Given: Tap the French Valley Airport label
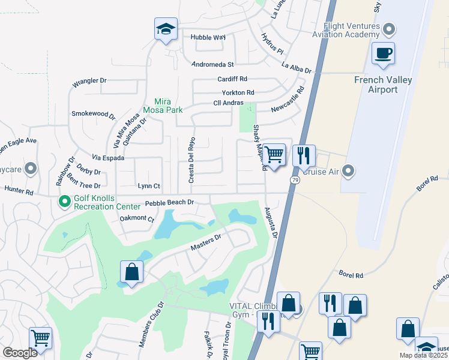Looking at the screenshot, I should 384,85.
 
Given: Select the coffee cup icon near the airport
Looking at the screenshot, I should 383,53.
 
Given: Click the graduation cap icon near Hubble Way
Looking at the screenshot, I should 166,29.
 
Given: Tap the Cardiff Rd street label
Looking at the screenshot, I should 232,79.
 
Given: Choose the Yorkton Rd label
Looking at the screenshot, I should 238,93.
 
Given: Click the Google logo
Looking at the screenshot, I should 20,353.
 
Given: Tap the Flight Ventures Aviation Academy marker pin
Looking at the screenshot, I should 390,28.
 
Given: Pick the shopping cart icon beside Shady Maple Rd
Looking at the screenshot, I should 274,154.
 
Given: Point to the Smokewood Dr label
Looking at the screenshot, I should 92,114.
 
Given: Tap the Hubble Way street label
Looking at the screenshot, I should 208,37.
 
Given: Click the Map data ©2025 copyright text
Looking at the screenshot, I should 423,355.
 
